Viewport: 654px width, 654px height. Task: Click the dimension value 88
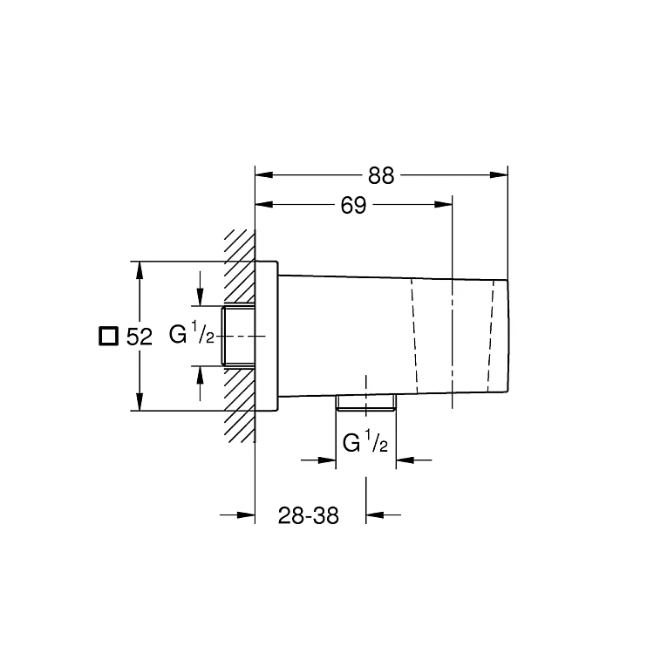[x=381, y=175]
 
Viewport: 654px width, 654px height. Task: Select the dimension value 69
[x=353, y=205]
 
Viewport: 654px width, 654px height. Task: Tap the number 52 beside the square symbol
[x=140, y=337]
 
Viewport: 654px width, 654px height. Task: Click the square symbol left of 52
[x=108, y=337]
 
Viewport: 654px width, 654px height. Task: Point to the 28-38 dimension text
[x=308, y=515]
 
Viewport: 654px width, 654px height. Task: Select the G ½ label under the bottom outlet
[x=365, y=441]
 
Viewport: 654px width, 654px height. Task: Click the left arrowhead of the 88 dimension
[x=264, y=174]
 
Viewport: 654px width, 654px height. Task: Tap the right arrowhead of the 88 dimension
[x=499, y=174]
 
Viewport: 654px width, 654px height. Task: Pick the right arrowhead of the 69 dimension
[x=443, y=204]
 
